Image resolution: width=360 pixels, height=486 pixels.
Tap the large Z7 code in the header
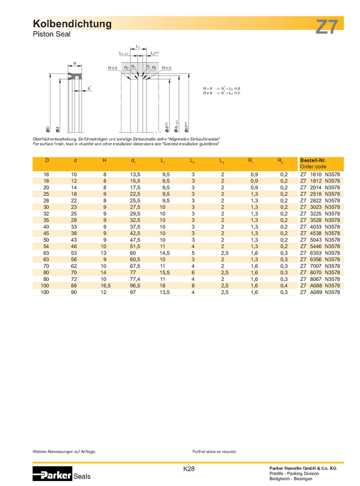click(x=327, y=27)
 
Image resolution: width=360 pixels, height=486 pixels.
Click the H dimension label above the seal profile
click(x=74, y=63)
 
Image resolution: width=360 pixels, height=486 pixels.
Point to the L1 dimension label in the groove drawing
click(x=137, y=46)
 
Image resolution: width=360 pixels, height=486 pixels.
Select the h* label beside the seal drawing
click(x=89, y=88)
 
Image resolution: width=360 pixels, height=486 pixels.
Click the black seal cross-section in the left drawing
click(x=74, y=76)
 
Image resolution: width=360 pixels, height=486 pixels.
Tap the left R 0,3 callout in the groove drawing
click(x=112, y=67)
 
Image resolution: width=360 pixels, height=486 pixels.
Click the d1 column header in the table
click(x=133, y=160)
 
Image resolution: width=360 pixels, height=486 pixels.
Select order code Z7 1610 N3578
click(x=320, y=174)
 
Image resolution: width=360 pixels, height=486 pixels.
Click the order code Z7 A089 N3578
click(x=320, y=292)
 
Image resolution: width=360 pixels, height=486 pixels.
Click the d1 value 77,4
click(x=134, y=279)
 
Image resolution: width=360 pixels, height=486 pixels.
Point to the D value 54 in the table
click(x=46, y=246)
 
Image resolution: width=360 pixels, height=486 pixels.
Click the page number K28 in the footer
click(x=189, y=469)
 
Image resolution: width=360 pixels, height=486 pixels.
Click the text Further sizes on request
click(x=214, y=451)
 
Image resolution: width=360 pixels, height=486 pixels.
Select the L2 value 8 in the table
click(x=192, y=285)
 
